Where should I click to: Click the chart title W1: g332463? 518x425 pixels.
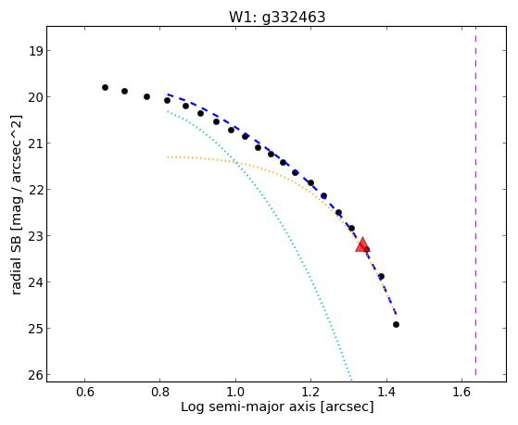tap(277, 18)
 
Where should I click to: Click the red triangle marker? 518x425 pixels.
tap(362, 244)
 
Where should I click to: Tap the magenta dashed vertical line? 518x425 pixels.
tap(475, 201)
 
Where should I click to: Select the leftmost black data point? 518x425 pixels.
tap(105, 88)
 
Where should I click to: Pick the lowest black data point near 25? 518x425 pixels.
tap(396, 325)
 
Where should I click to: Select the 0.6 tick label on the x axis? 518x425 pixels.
tap(85, 392)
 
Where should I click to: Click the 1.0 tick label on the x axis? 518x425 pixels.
tap(235, 392)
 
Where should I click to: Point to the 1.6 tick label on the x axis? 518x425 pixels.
tap(461, 392)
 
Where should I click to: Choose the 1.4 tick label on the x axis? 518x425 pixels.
tap(386, 392)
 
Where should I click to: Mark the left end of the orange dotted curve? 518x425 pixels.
tap(168, 157)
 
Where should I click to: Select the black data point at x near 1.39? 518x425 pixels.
tap(381, 277)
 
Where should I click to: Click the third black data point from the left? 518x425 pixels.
tap(146, 96)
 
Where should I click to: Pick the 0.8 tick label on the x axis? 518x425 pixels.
tap(160, 392)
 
